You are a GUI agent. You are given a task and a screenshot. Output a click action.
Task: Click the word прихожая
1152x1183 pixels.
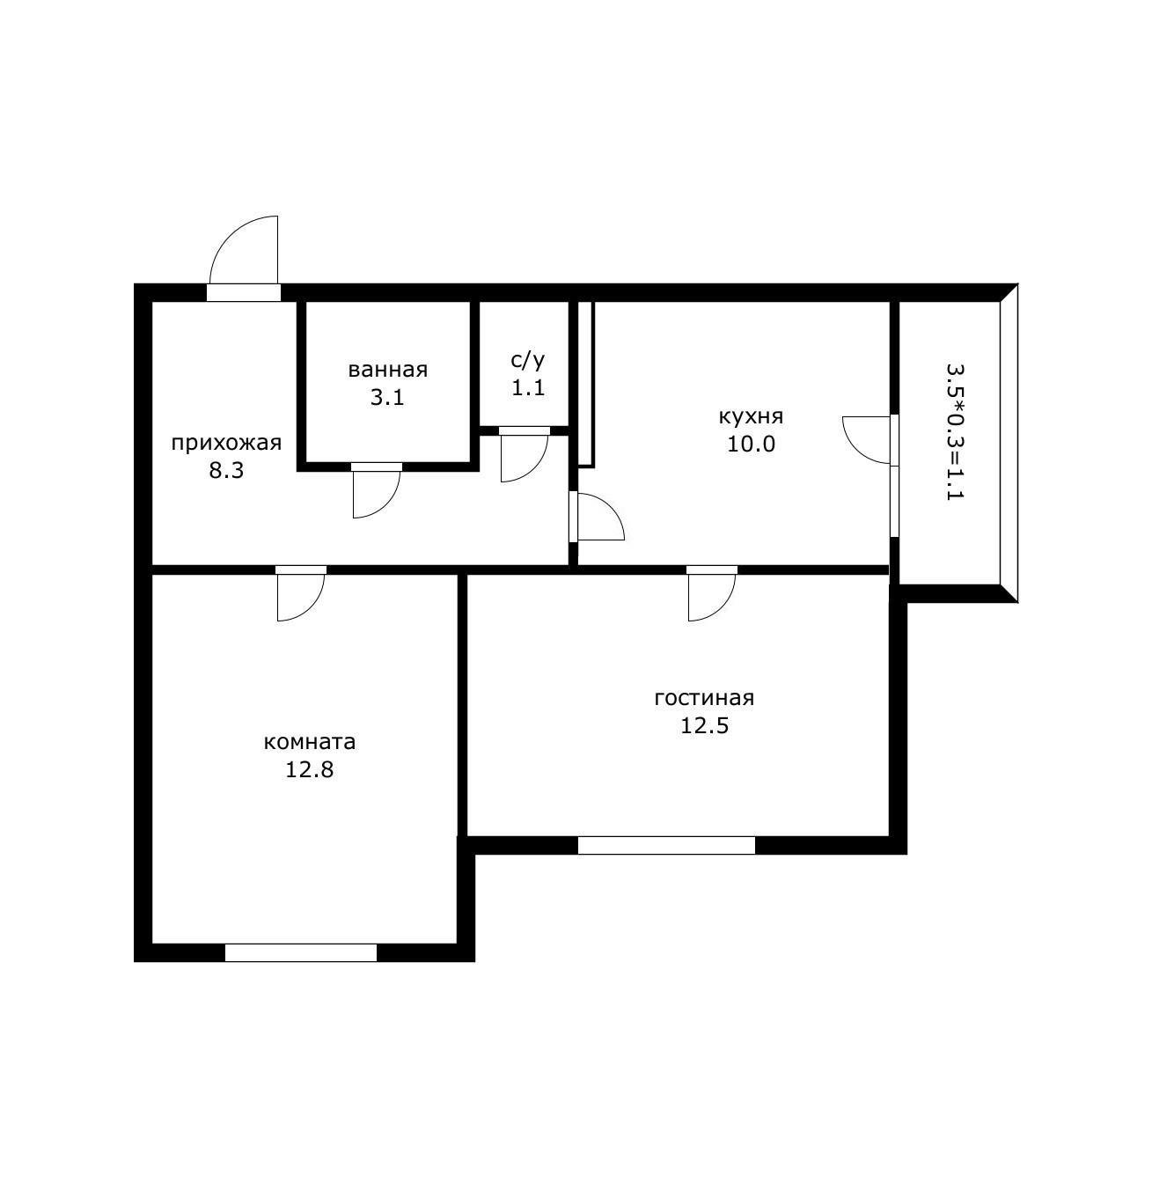tap(226, 444)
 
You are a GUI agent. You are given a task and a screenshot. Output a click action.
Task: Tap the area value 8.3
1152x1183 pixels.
tap(226, 471)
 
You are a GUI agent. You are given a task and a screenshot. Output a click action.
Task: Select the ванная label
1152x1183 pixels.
tap(388, 371)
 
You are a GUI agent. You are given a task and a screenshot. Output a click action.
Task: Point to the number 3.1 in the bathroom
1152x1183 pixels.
tap(387, 398)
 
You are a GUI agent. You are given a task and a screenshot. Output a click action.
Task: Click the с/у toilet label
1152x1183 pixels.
tap(528, 361)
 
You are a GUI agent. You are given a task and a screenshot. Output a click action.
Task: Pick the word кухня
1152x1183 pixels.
tap(751, 417)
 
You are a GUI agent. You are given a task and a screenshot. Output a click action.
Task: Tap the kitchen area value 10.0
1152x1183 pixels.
tap(751, 445)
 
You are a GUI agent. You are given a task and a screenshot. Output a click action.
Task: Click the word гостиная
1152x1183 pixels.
tap(704, 698)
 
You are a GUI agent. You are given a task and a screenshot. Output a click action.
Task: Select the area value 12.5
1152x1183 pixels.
tap(704, 726)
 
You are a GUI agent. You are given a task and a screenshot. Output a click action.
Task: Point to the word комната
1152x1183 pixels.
tap(310, 742)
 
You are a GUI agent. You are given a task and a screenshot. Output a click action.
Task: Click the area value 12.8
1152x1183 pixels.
tap(310, 770)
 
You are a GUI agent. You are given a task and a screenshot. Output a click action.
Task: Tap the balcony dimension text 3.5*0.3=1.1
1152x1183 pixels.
tap(955, 431)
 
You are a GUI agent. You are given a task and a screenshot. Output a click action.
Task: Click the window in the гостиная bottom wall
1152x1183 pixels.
tap(666, 846)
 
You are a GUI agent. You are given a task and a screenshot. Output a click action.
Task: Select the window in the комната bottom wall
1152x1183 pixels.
tap(301, 952)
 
